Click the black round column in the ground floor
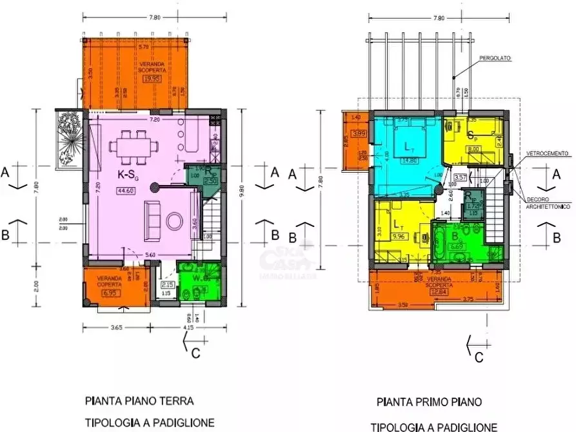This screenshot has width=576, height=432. coord(154,188)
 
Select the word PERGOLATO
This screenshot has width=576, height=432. coord(494,58)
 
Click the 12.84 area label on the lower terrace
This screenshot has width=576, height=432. coord(440,291)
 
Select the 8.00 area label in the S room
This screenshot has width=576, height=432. coord(473,149)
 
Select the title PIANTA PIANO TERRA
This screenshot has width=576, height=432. coord(139,400)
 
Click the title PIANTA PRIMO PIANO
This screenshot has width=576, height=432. coord(430,402)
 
